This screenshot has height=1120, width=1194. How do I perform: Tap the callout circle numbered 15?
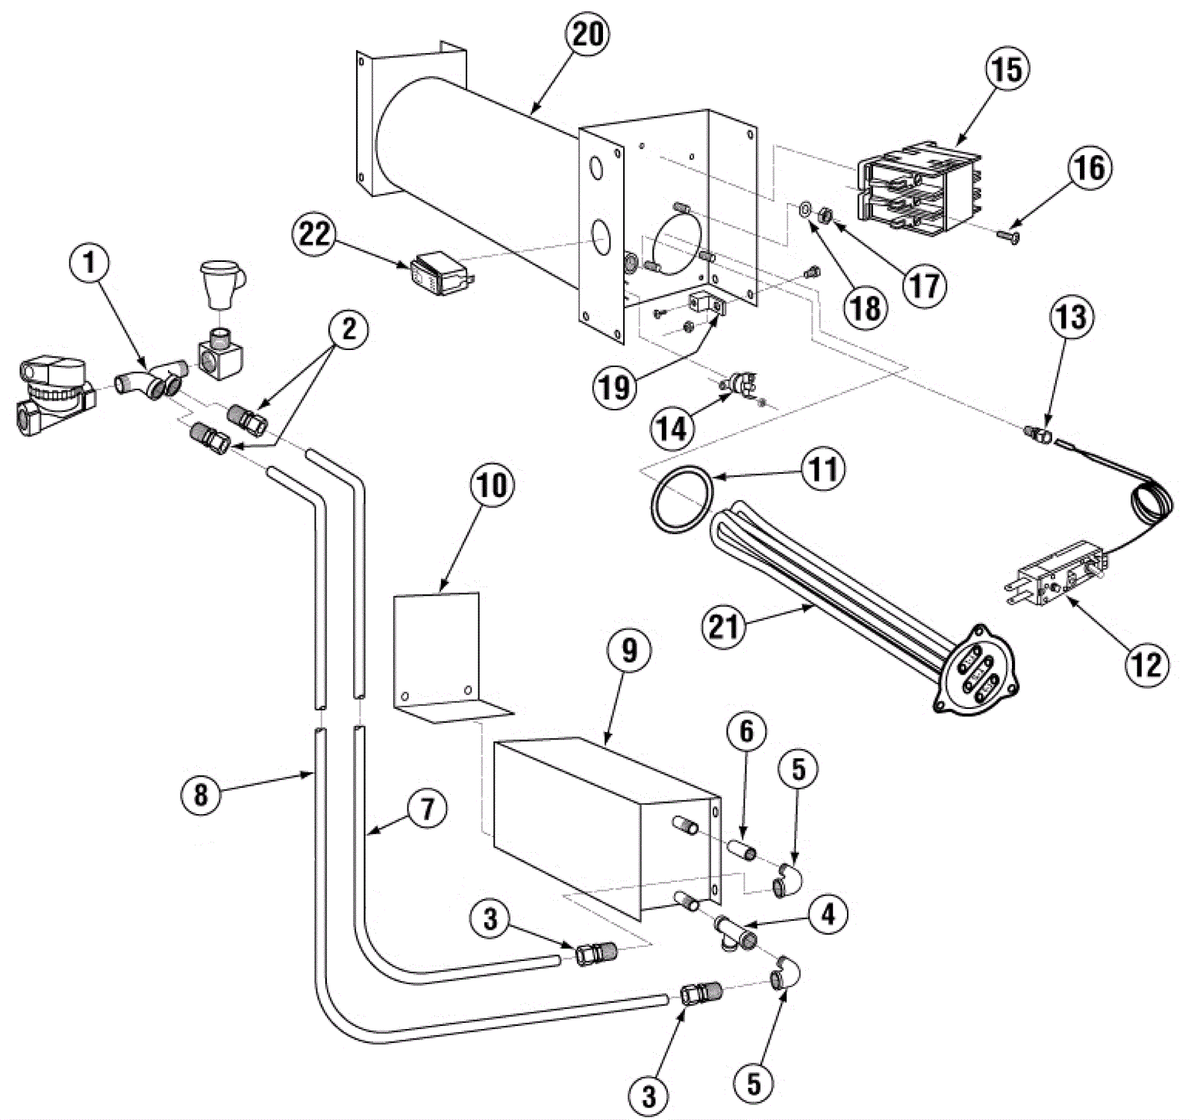[1006, 69]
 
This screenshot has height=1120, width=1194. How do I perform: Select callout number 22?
[314, 234]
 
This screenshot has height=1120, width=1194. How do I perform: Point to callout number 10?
[492, 485]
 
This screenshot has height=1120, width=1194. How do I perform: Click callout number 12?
[1145, 664]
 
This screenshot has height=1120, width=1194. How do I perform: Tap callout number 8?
[201, 794]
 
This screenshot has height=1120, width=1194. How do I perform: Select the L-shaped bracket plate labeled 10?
[437, 649]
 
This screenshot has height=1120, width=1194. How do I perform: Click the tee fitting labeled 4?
[734, 930]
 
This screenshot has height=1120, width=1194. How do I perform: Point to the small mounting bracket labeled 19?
[705, 306]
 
